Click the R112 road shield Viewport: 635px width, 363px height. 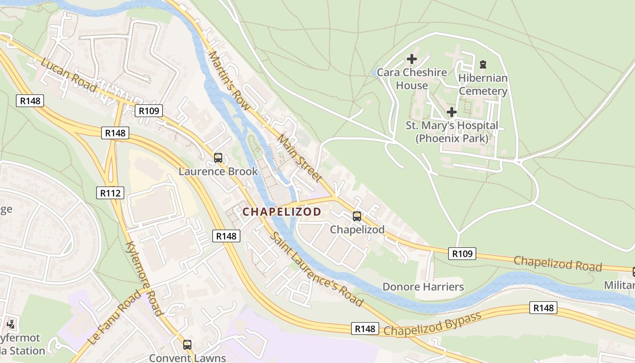point(110,193)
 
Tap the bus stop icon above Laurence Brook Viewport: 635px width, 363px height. point(218,158)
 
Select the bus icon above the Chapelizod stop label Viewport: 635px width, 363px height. point(357,216)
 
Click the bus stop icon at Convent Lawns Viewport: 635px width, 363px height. point(187,345)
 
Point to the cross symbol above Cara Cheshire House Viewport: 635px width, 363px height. point(411,59)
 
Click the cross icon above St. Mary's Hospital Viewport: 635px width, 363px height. point(451,112)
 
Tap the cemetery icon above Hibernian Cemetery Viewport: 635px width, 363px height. point(483,65)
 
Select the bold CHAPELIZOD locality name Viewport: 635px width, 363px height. point(282,211)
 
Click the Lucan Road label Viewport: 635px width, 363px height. point(68,74)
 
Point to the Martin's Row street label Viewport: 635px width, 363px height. point(229,80)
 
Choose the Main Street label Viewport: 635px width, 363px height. point(299,157)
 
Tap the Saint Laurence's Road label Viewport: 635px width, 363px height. point(317,270)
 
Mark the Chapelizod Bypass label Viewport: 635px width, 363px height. point(432,324)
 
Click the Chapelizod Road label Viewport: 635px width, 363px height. point(557,263)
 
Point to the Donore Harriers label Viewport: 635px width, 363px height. point(423,287)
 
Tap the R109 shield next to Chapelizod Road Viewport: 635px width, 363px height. point(463,254)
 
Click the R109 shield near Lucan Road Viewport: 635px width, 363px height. point(149,111)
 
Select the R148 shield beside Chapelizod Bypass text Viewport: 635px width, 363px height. point(365,329)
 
